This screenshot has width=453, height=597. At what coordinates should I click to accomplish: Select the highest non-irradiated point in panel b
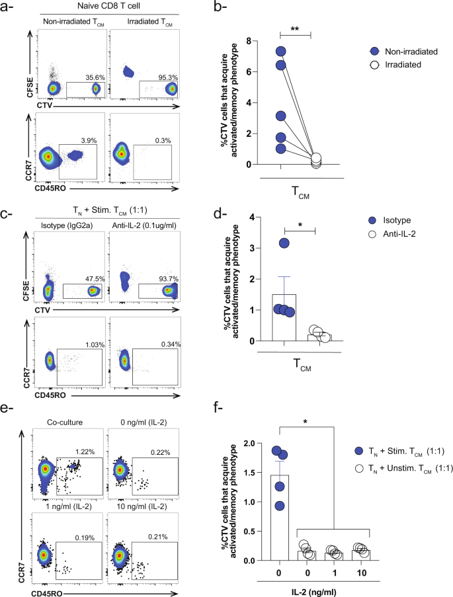click(x=282, y=52)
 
